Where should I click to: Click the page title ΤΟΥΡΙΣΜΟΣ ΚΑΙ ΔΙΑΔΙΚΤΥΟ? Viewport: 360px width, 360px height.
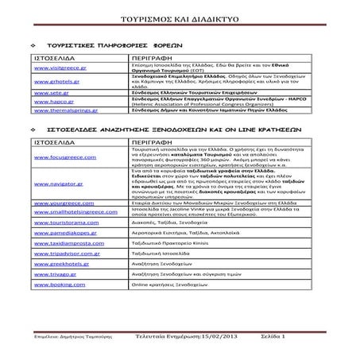click(180, 15)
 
